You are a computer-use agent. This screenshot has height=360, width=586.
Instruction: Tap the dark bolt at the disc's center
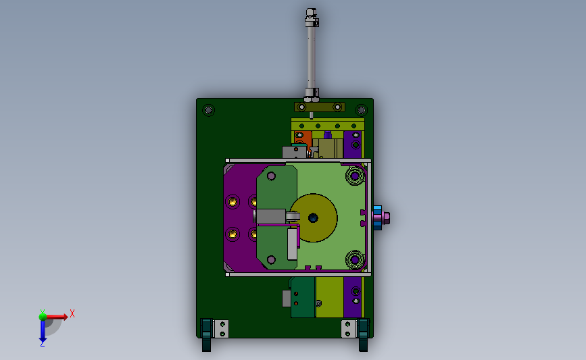click(313, 217)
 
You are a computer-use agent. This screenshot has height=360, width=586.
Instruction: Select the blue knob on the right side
click(377, 217)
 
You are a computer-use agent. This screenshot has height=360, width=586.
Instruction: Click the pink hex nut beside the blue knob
click(387, 217)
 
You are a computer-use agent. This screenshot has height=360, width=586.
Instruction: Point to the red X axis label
click(72, 313)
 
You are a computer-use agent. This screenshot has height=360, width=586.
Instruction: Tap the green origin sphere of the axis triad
click(43, 317)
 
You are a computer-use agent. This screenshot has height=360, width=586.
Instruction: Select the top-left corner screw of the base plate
click(209, 110)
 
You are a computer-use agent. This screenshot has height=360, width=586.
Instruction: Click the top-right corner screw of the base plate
click(361, 110)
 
